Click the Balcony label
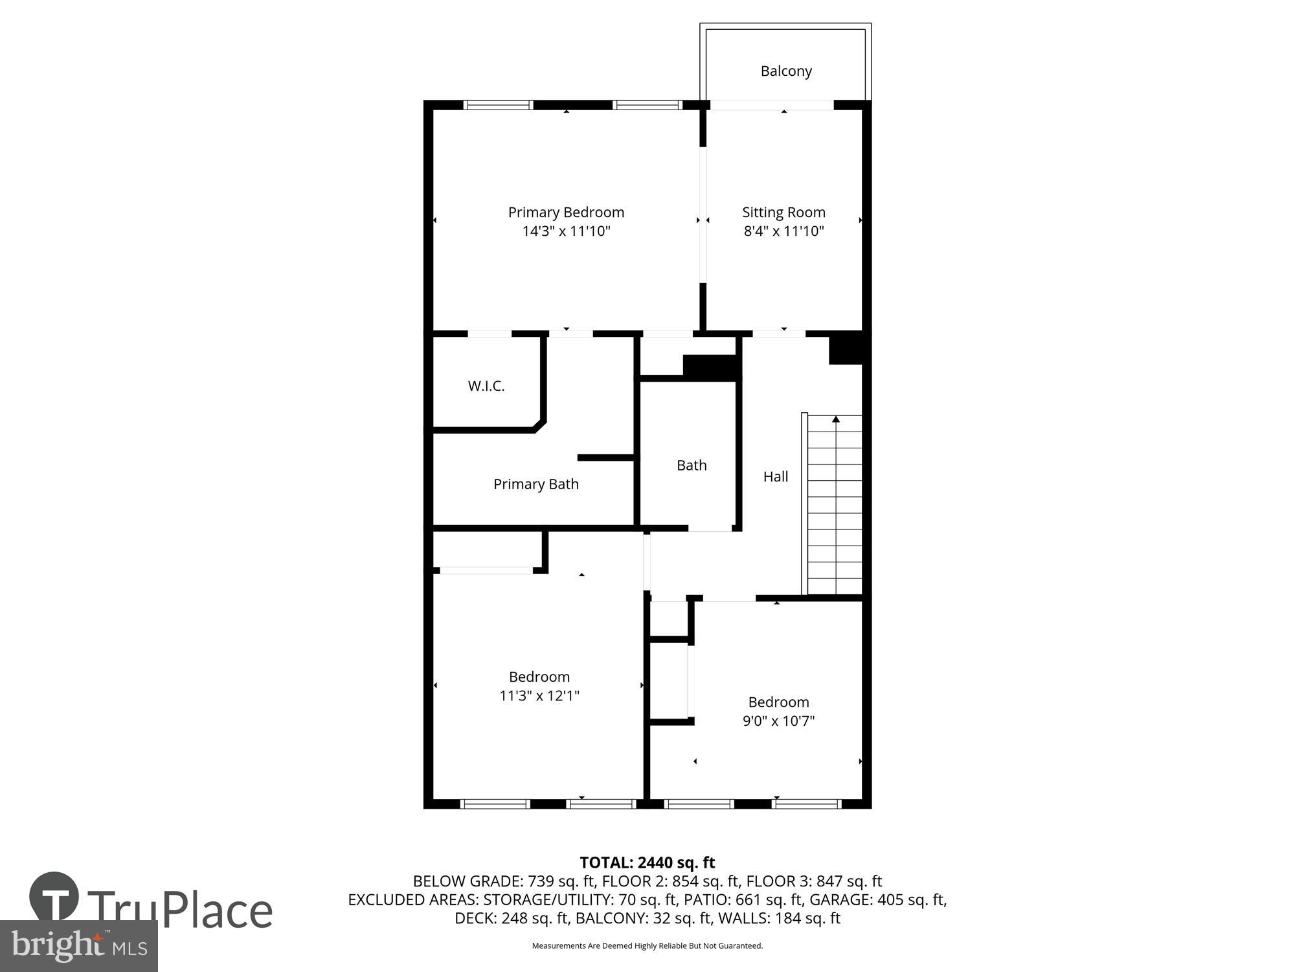pyautogui.click(x=786, y=71)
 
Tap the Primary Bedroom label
pyautogui.click(x=566, y=213)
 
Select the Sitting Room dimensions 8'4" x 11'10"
pyautogui.click(x=783, y=231)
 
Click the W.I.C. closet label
pyautogui.click(x=486, y=386)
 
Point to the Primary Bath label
pyautogui.click(x=536, y=484)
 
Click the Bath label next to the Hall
pyautogui.click(x=692, y=465)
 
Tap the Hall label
pyautogui.click(x=776, y=477)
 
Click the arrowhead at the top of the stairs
pyautogui.click(x=836, y=419)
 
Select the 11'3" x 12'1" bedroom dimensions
pyautogui.click(x=539, y=696)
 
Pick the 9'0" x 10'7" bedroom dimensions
pyautogui.click(x=778, y=721)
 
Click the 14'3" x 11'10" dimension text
pyautogui.click(x=567, y=231)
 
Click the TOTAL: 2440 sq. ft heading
pyautogui.click(x=647, y=862)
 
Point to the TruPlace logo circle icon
pyautogui.click(x=54, y=896)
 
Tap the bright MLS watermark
pyautogui.click(x=78, y=946)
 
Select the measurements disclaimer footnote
pyautogui.click(x=647, y=946)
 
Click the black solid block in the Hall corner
pyautogui.click(x=846, y=348)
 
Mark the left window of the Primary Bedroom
pyautogui.click(x=499, y=104)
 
